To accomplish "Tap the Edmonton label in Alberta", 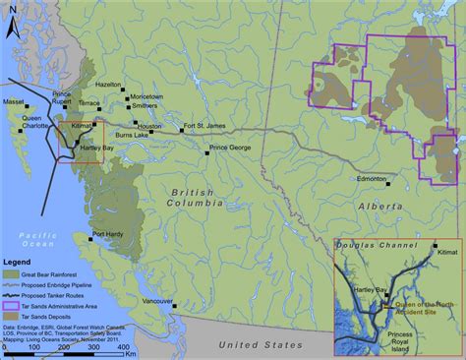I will pyautogui.click(x=371, y=179).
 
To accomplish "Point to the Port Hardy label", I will pyautogui.click(x=109, y=234).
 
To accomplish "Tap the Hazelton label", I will pyautogui.click(x=108, y=86).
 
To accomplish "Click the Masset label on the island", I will pyautogui.click(x=13, y=101).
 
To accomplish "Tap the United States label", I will pyautogui.click(x=259, y=345).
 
